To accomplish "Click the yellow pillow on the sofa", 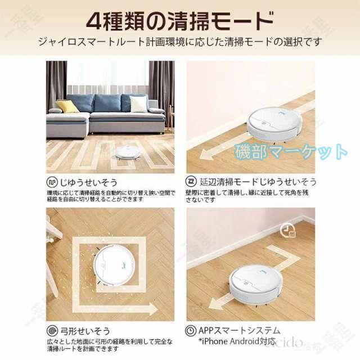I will tap(67, 106).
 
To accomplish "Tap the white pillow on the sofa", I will tap(138, 103).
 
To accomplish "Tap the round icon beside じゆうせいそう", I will tap(51, 182).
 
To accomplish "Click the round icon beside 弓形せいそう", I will tap(51, 330).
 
